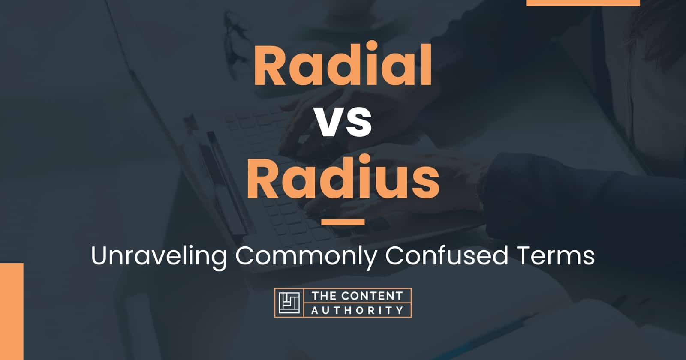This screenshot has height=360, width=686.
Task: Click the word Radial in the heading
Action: (x=343, y=68)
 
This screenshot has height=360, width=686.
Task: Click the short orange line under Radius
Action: (x=343, y=222)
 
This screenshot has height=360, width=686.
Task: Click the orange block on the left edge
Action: (x=12, y=311)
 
